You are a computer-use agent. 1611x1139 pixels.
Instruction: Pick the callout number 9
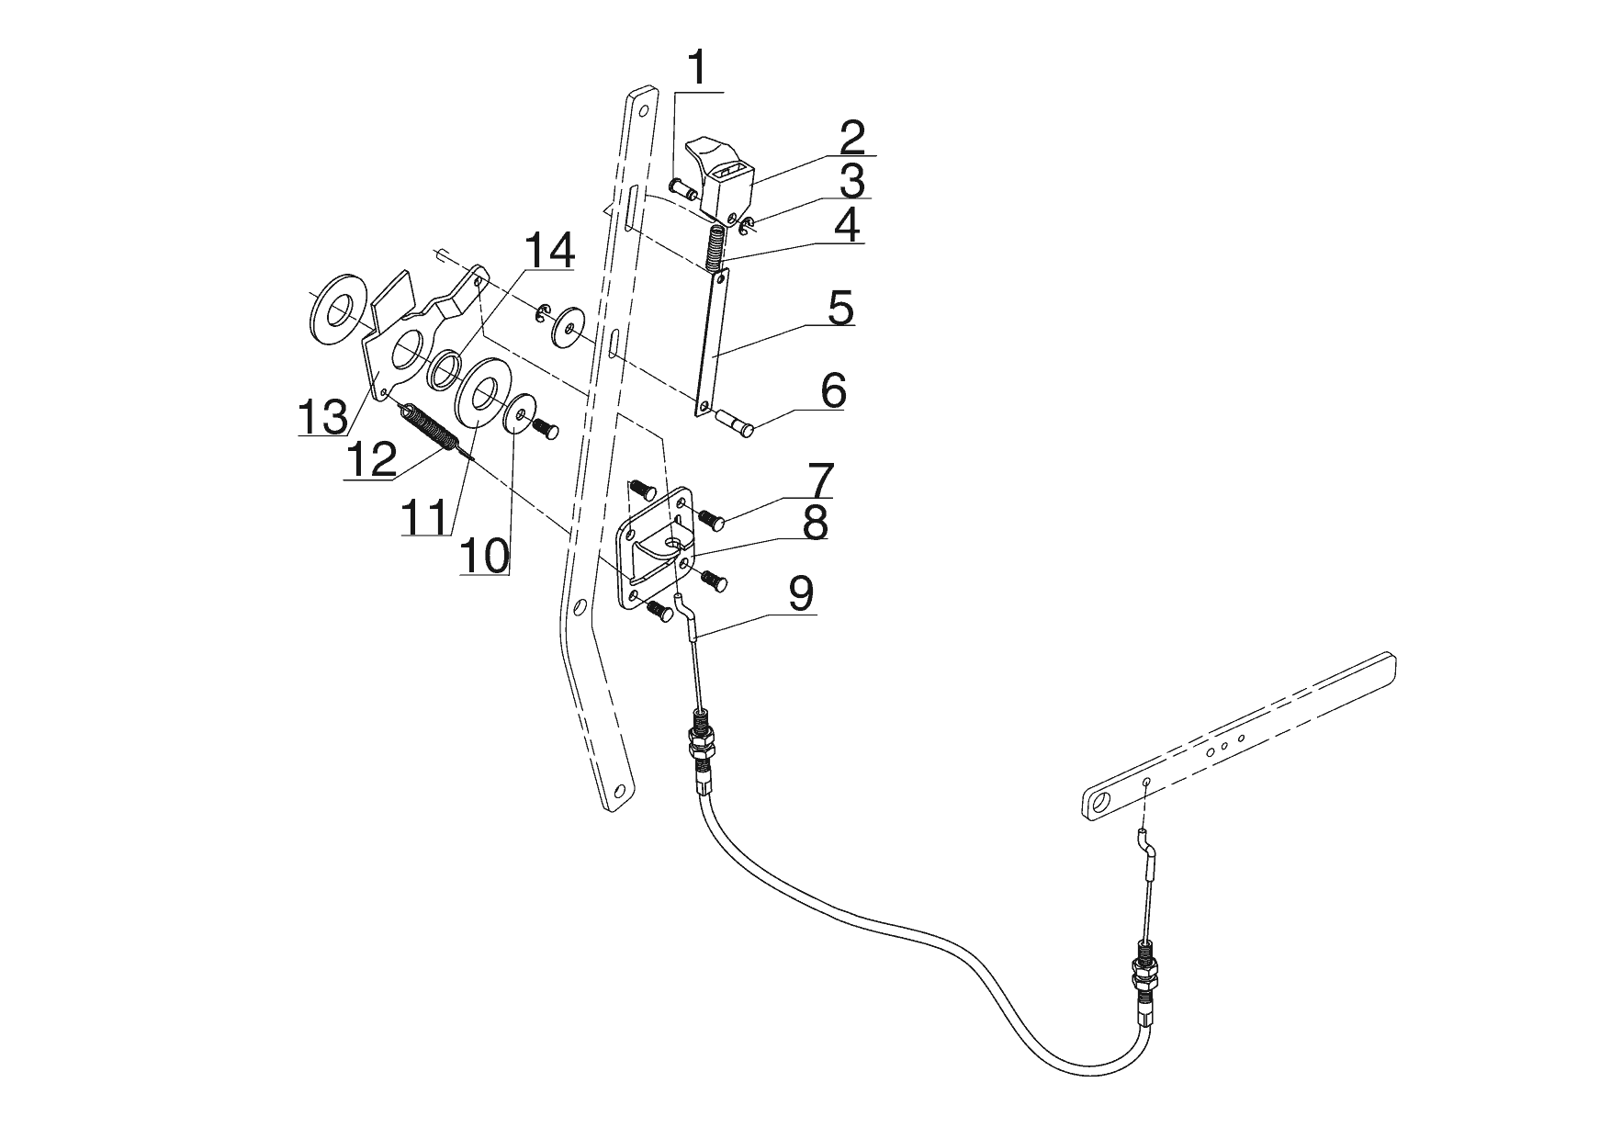799,594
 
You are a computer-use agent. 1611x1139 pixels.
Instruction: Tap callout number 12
370,459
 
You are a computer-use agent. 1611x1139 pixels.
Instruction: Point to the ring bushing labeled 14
445,368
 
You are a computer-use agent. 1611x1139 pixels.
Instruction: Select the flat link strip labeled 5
717,340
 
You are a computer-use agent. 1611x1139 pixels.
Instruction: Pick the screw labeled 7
713,521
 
